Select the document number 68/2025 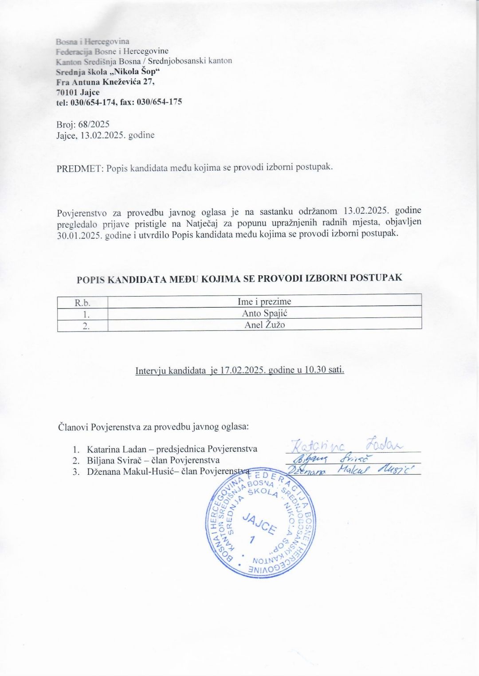pyautogui.click(x=94, y=125)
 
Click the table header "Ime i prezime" pyautogui.click(x=264, y=302)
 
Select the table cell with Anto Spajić pyautogui.click(x=264, y=313)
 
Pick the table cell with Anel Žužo pyautogui.click(x=264, y=325)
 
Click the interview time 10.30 pyautogui.click(x=315, y=370)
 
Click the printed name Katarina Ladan pyautogui.click(x=116, y=449)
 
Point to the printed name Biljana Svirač pyautogui.click(x=114, y=460)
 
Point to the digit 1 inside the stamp pyautogui.click(x=253, y=539)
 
